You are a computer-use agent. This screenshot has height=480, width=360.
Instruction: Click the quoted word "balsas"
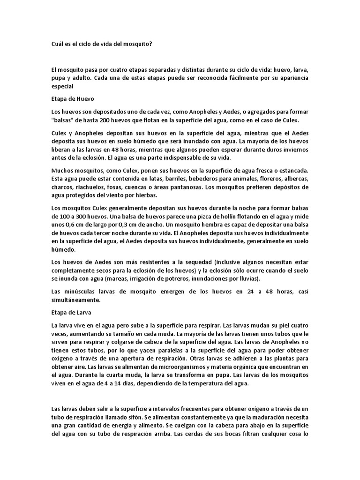click(63, 120)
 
